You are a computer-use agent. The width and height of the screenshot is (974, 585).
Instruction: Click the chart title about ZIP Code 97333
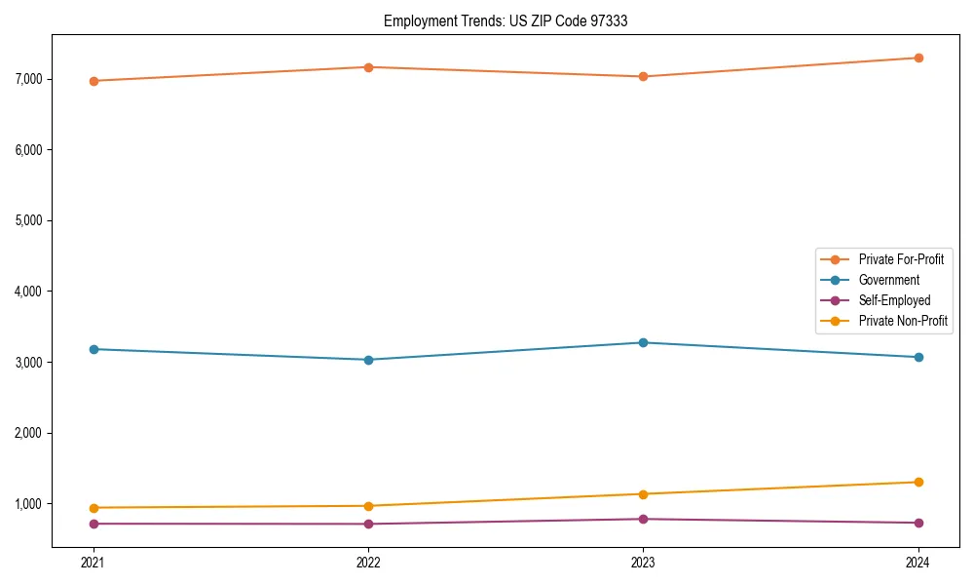tap(512, 20)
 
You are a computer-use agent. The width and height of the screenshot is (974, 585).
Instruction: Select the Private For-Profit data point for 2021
tap(94, 81)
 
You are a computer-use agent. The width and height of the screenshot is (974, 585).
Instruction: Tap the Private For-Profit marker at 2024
tap(918, 58)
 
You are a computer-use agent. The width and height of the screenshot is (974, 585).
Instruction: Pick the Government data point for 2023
tap(643, 342)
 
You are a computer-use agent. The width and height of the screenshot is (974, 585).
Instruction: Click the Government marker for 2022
tap(368, 360)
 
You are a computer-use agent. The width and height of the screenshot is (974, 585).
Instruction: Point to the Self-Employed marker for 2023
tap(643, 519)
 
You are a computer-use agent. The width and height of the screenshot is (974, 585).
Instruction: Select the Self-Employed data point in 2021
tap(94, 524)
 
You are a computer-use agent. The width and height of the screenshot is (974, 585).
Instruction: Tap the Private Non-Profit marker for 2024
tap(918, 482)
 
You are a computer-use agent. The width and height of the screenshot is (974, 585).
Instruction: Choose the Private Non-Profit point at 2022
tap(368, 506)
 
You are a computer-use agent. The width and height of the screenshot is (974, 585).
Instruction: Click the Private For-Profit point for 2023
tap(643, 76)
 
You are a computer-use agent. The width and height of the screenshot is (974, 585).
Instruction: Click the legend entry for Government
tap(888, 280)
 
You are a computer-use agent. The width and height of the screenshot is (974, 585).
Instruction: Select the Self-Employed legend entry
tap(894, 300)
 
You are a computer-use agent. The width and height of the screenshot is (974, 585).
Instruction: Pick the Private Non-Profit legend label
tap(903, 321)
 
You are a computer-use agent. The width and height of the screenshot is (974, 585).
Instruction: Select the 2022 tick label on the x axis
tap(368, 563)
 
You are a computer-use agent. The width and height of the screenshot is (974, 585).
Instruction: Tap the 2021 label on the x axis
tap(94, 563)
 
